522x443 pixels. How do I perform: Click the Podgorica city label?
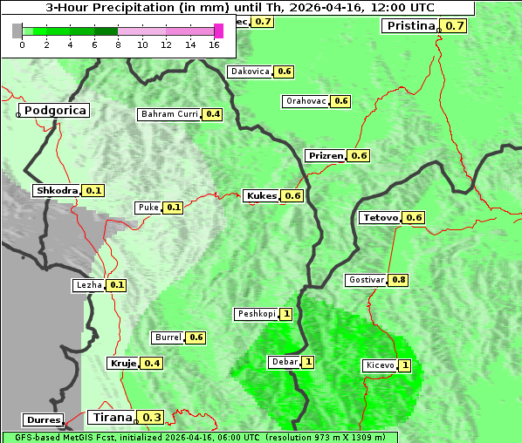point(55,111)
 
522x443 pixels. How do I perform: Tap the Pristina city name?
point(410,25)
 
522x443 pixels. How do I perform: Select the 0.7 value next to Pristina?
point(455,25)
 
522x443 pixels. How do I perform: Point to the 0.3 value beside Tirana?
point(152,417)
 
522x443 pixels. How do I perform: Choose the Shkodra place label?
point(57,190)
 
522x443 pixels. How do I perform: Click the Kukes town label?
point(262,195)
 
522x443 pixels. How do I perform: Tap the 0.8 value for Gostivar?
point(398,280)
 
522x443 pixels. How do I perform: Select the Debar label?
point(285,362)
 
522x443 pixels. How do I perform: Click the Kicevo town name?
point(380,365)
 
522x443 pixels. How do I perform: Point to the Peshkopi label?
point(256,314)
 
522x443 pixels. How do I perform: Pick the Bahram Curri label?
point(169,114)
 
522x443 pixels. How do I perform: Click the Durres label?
point(43,420)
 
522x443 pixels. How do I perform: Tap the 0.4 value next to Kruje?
point(152,363)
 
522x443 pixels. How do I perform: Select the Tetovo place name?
point(381,217)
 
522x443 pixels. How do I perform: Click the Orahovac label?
point(306,101)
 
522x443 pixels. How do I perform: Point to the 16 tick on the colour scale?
point(214,44)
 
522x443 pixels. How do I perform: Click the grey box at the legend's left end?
point(17,31)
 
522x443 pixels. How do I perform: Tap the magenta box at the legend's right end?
point(218,31)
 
